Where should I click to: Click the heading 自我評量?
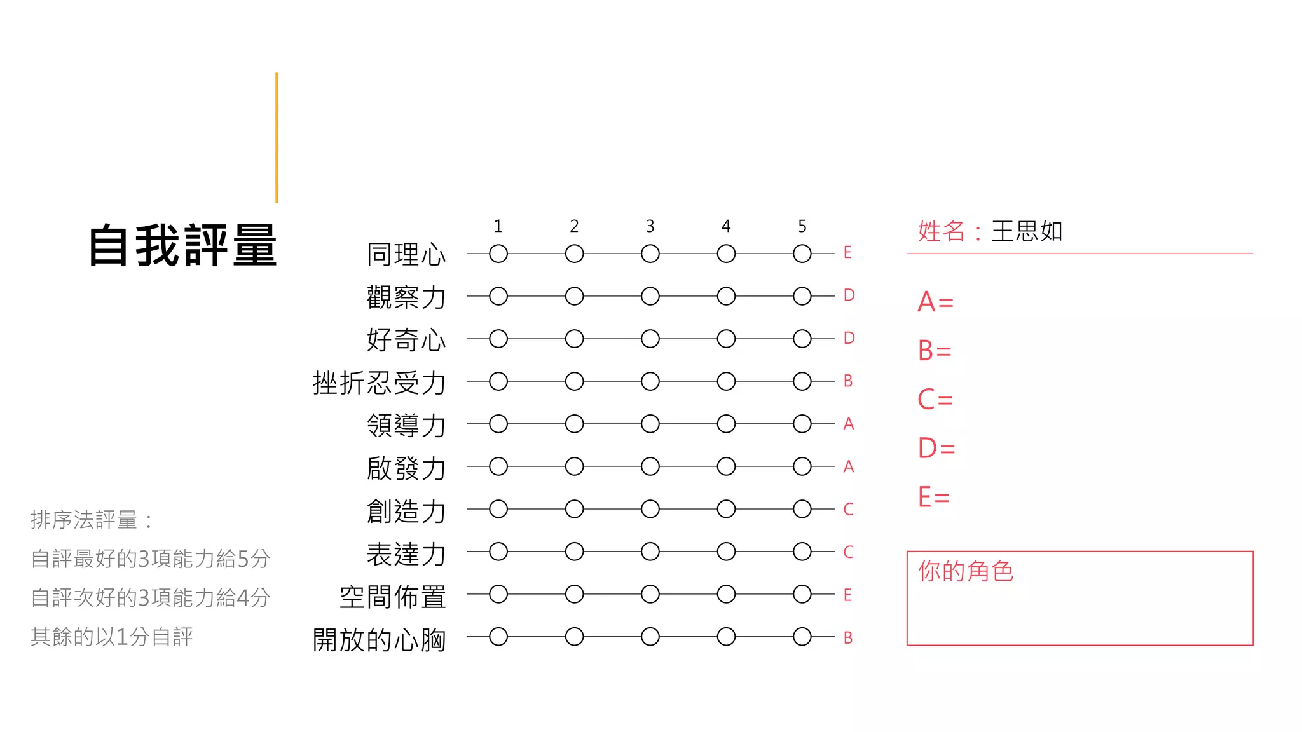click(182, 245)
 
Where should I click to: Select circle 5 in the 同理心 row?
click(802, 254)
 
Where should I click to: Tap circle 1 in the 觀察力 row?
click(498, 296)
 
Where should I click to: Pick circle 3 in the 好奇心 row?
click(650, 339)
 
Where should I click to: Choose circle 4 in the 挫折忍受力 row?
click(726, 381)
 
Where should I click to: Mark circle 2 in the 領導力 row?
click(574, 424)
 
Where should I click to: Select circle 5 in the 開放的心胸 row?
click(802, 636)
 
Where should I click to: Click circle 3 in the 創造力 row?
click(650, 509)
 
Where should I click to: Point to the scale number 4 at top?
click(726, 226)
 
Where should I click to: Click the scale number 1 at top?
click(498, 226)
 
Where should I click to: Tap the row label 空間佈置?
click(392, 597)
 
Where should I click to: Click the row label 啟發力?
click(406, 468)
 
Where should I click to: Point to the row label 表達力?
click(406, 554)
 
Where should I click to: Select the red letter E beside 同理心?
click(847, 253)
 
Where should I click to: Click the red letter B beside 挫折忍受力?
click(847, 381)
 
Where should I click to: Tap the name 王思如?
click(1027, 231)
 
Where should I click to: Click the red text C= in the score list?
click(935, 400)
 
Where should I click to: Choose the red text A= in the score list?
click(935, 302)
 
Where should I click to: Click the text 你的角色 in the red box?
click(965, 571)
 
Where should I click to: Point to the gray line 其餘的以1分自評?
click(112, 636)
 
